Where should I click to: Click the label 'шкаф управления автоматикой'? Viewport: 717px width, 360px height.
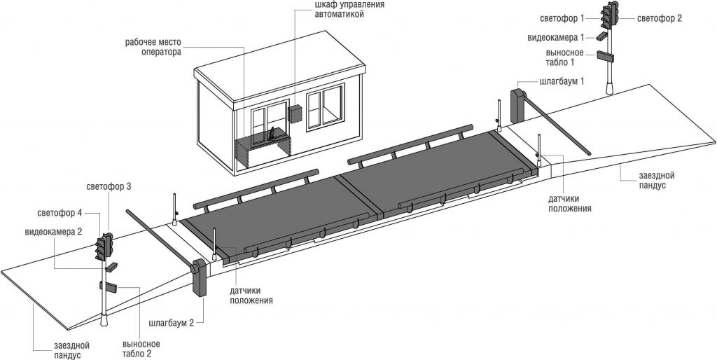pyautogui.click(x=349, y=10)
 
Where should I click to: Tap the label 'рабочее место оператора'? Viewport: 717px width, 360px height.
pyautogui.click(x=153, y=47)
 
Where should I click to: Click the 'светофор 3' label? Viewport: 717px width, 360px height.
pyautogui.click(x=109, y=187)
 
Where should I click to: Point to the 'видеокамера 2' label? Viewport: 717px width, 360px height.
pyautogui.click(x=53, y=232)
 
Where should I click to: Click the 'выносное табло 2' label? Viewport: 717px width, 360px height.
pyautogui.click(x=141, y=349)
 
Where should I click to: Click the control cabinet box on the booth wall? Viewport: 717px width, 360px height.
pyautogui.click(x=295, y=113)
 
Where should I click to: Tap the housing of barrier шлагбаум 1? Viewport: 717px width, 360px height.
pyautogui.click(x=517, y=106)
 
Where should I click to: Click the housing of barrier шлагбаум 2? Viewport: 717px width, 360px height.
pyautogui.click(x=200, y=277)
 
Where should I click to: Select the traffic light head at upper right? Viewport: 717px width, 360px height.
pyautogui.click(x=609, y=14)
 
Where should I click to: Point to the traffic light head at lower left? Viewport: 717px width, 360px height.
pyautogui.click(x=104, y=247)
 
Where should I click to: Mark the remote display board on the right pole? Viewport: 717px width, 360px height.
pyautogui.click(x=605, y=56)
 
